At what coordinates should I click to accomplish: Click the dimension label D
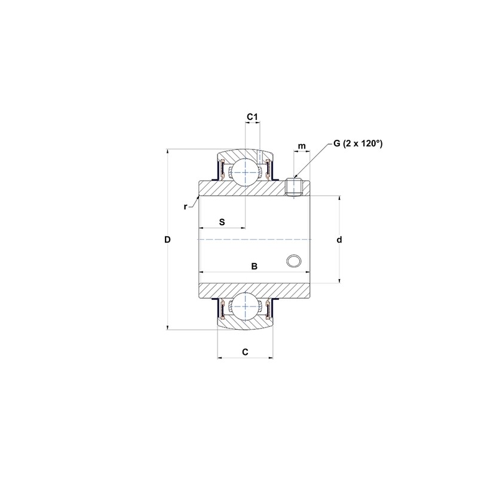[167, 240]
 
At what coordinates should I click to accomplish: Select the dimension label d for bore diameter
[339, 240]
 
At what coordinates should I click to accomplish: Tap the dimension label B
[254, 266]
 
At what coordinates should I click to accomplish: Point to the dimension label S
[222, 222]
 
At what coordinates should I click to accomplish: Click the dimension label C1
[253, 117]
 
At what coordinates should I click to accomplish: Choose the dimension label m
[302, 146]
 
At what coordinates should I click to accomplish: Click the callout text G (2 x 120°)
[357, 143]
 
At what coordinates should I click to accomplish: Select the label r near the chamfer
[186, 207]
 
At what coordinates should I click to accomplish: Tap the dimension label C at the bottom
[245, 352]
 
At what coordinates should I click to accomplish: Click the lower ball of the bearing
[245, 307]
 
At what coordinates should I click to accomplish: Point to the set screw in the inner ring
[293, 187]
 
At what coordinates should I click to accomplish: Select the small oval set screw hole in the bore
[293, 261]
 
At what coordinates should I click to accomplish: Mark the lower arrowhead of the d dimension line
[339, 279]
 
